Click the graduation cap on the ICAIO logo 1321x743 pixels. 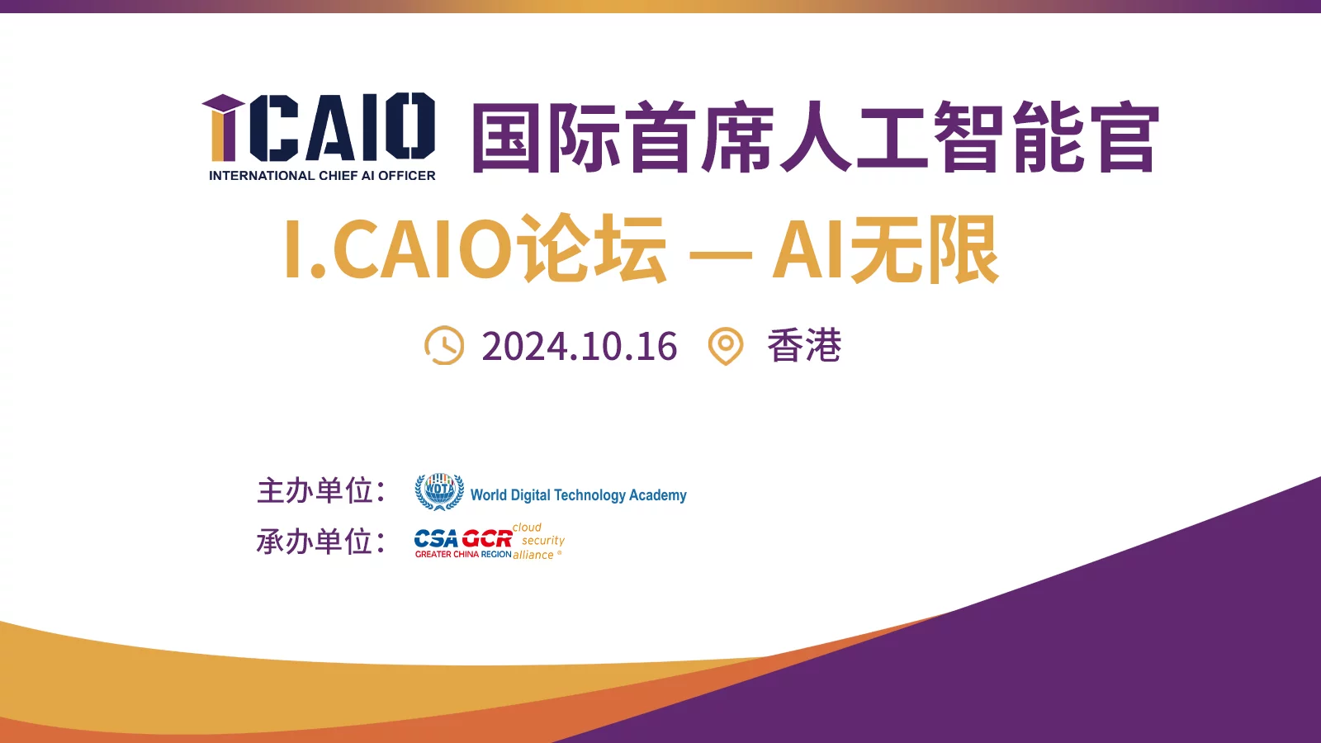224,102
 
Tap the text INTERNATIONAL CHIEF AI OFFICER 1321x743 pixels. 322,176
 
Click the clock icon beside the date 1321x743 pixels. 444,345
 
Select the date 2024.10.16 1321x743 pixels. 579,346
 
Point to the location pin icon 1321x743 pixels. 726,346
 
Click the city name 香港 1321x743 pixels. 804,345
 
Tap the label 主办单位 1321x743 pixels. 321,490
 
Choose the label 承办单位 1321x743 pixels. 321,542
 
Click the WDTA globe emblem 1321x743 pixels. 439,491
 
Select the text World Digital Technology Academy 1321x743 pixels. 579,495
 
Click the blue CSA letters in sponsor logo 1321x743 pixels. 437,538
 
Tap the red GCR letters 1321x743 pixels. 487,538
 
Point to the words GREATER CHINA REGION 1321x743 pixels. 463,554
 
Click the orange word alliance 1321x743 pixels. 533,555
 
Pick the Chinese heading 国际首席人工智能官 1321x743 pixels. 816,137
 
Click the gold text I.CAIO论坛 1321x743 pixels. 476,248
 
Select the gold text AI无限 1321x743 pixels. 886,248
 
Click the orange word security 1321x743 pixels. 543,541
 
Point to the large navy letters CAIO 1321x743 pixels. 343,126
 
